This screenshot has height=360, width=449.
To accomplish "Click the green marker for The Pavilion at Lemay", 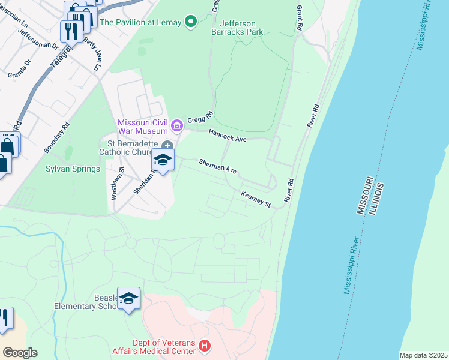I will click(x=191, y=22).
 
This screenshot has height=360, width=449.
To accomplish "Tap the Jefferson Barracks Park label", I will click(x=238, y=26).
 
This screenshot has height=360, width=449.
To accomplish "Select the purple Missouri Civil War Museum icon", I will click(x=176, y=125).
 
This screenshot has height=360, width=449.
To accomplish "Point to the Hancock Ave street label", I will click(x=228, y=136).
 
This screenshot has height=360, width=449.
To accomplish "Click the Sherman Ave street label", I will click(x=218, y=166).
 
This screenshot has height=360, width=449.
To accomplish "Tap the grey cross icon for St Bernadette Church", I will click(x=167, y=145).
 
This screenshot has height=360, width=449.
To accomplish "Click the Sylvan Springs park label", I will click(x=73, y=169).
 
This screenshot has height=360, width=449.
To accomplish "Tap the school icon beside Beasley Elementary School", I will click(x=128, y=298).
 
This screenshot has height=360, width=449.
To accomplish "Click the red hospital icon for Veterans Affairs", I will click(x=205, y=346).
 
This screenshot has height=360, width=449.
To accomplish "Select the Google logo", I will click(x=20, y=353).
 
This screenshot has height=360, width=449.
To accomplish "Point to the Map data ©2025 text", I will click(x=423, y=355).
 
